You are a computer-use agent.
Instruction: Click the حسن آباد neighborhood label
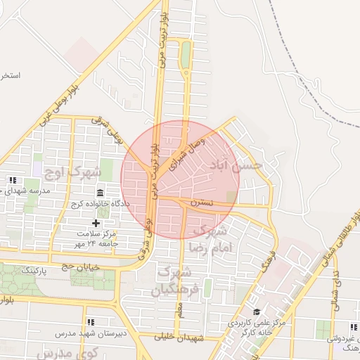click(x=235, y=166)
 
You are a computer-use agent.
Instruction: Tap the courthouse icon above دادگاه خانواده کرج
click(x=99, y=193)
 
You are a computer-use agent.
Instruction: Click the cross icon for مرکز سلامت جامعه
click(x=96, y=223)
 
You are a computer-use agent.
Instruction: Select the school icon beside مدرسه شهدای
click(x=12, y=180)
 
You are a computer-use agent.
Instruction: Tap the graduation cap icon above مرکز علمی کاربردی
click(x=256, y=311)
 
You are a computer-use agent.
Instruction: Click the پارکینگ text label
click(x=34, y=269)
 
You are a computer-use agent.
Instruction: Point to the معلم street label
click(x=179, y=308)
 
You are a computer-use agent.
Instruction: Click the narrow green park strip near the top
click(x=186, y=55)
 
